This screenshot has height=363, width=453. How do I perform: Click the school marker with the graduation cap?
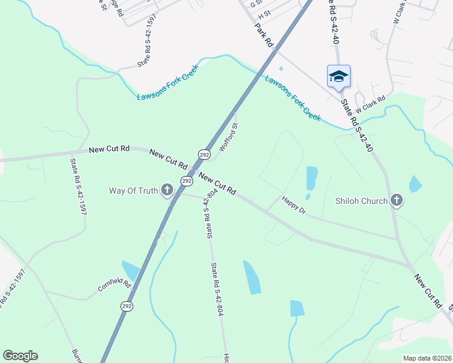[x=339, y=76]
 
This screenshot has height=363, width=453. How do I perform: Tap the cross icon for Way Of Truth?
[x=167, y=191]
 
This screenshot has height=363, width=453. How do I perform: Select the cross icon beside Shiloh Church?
[x=396, y=200]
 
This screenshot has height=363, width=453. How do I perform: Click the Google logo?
[x=20, y=356]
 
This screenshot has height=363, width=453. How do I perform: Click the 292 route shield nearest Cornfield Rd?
[x=126, y=306]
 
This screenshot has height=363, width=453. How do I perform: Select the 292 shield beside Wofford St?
[x=204, y=155]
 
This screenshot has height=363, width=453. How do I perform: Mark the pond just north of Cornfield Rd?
[x=131, y=270]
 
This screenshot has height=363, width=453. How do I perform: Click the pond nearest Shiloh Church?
[x=415, y=183]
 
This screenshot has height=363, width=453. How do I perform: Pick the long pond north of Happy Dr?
[x=311, y=178]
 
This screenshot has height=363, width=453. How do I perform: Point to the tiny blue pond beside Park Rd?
[x=280, y=68]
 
